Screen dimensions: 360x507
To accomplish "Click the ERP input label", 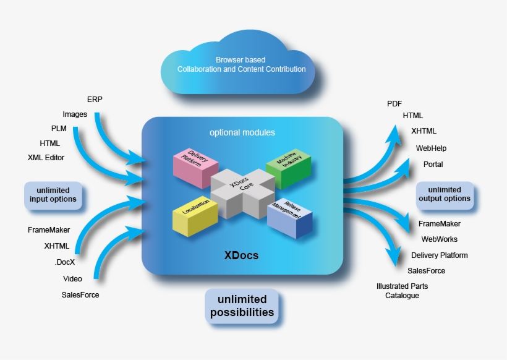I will (x=95, y=99).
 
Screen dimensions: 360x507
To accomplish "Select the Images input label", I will (x=75, y=114).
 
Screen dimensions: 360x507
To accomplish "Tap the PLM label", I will (x=59, y=129).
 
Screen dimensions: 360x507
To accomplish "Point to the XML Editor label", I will (x=46, y=157).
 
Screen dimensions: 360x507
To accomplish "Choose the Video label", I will (x=72, y=278).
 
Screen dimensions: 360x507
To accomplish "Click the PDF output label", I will (x=394, y=103).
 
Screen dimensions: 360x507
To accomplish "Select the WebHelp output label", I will (x=431, y=148).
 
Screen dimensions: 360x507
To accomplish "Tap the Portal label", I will (x=433, y=165).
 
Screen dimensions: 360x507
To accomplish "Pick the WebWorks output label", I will (x=439, y=239).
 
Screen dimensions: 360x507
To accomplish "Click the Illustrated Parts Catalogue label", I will (x=402, y=291).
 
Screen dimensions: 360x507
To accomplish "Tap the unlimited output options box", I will (x=445, y=194).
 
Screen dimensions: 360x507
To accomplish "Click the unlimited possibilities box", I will (x=242, y=306).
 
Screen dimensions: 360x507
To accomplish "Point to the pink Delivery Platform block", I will (x=194, y=166).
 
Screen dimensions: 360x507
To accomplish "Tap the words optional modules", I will (x=242, y=132).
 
